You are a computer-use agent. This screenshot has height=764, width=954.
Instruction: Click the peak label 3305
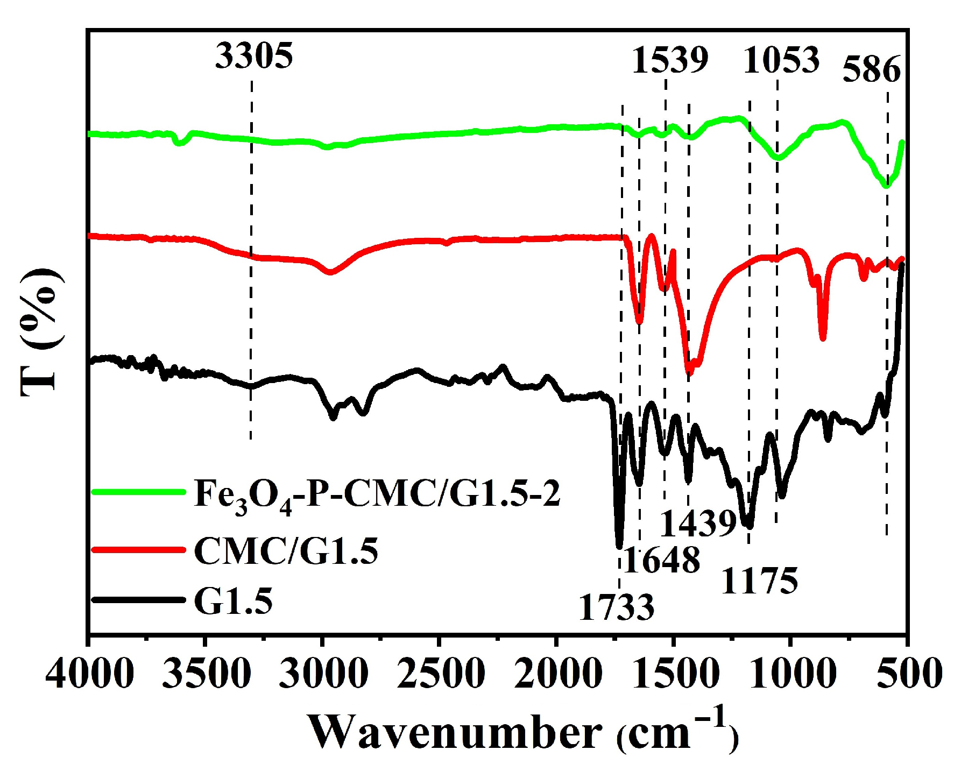pyautogui.click(x=254, y=55)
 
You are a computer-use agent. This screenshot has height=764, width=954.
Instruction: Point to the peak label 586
pyautogui.click(x=871, y=69)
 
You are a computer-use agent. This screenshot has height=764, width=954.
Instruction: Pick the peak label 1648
pyautogui.click(x=662, y=561)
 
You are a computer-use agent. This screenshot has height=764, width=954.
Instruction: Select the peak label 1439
pyautogui.click(x=698, y=523)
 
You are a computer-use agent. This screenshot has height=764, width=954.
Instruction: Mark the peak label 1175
pyautogui.click(x=759, y=581)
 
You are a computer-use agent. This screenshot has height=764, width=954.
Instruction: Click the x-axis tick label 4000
pyautogui.click(x=89, y=674)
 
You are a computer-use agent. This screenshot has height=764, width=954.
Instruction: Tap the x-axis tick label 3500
pyautogui.click(x=206, y=674)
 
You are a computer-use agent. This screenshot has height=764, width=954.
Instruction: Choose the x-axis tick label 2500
pyautogui.click(x=441, y=674)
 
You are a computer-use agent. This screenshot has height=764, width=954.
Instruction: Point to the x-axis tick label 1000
pyautogui.click(x=791, y=674)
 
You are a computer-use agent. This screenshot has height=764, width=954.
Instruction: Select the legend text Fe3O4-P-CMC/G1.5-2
pyautogui.click(x=377, y=494)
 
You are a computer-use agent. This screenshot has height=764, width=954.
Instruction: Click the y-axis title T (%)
pyautogui.click(x=40, y=331)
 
